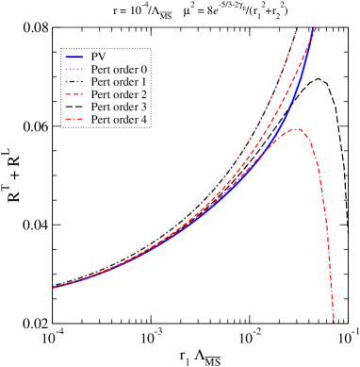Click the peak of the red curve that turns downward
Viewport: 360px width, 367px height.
tap(296, 129)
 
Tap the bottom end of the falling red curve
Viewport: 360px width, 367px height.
tap(334, 322)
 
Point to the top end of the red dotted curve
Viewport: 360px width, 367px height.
tap(296, 31)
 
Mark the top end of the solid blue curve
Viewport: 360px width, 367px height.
tap(315, 29)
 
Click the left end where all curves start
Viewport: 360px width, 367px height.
tap(54, 287)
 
